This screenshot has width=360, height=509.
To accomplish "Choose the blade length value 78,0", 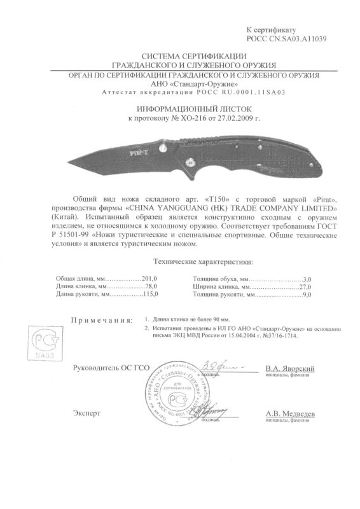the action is [x=149, y=287].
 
